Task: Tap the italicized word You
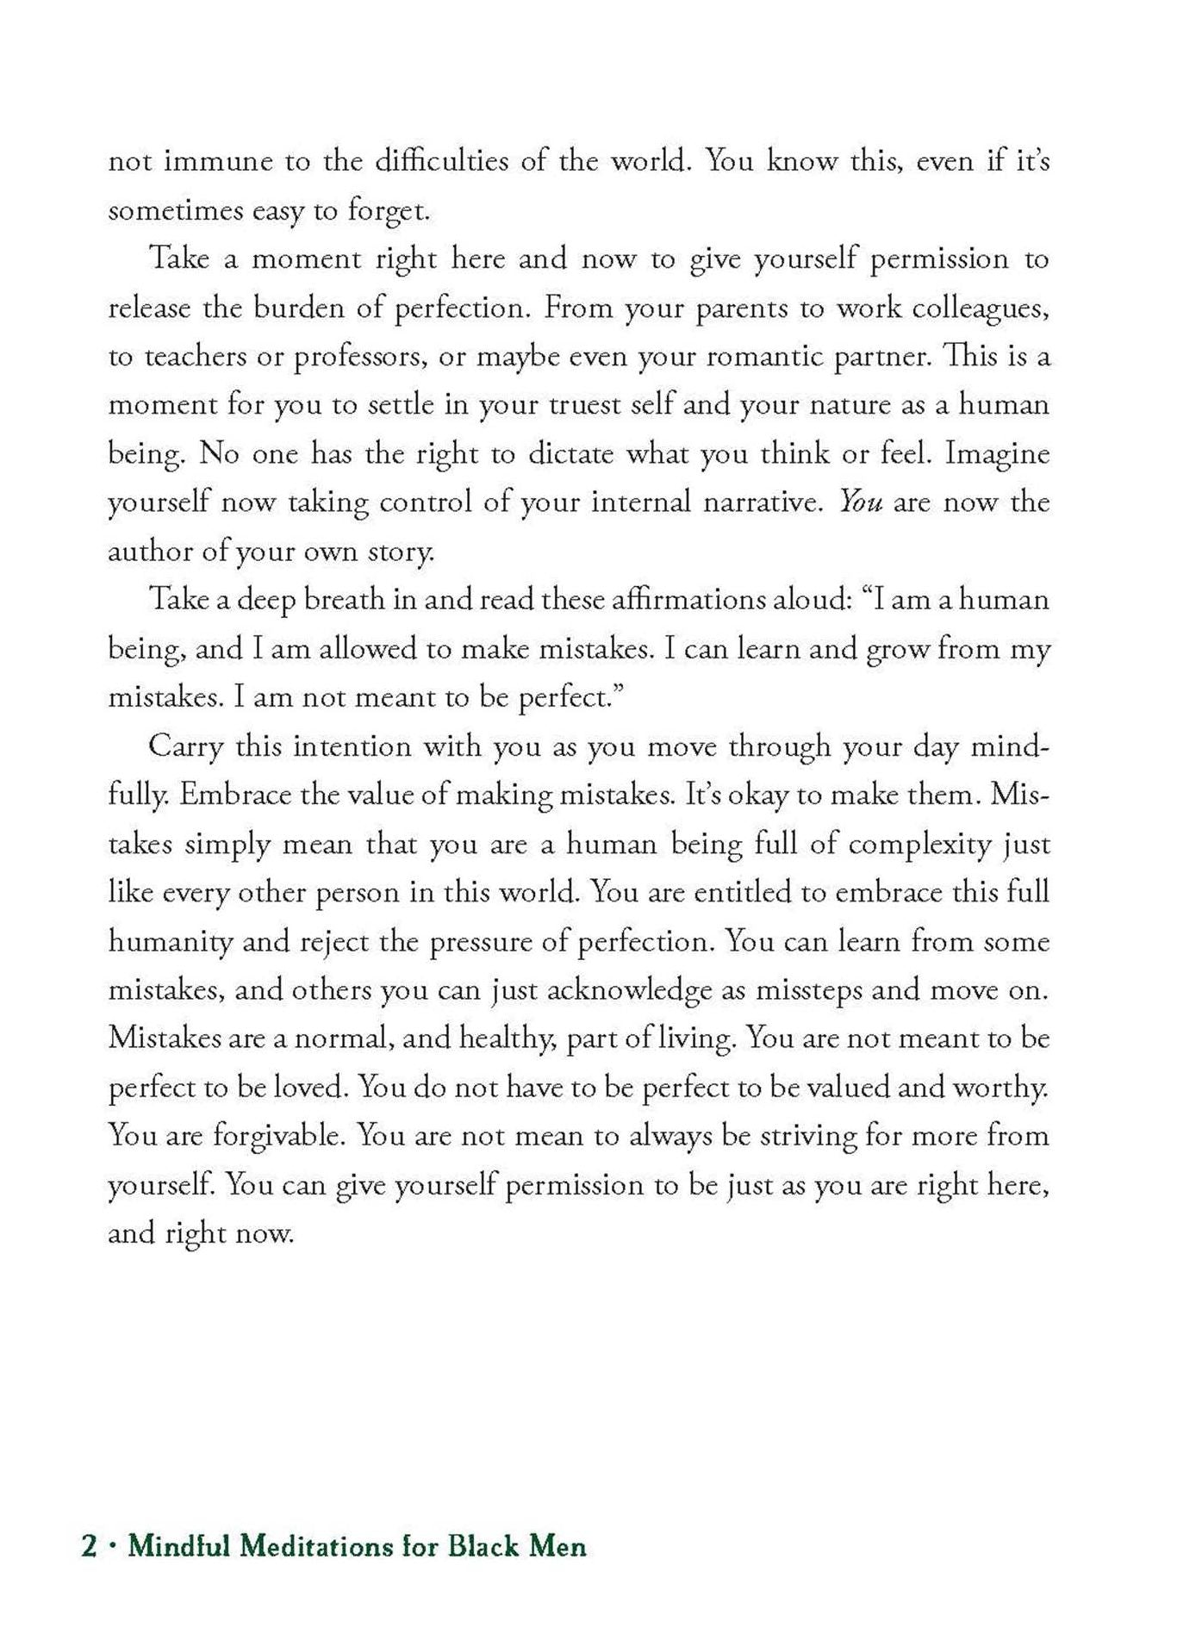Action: coord(861,502)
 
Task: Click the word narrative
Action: coord(750,502)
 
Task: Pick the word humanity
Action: coord(170,941)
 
